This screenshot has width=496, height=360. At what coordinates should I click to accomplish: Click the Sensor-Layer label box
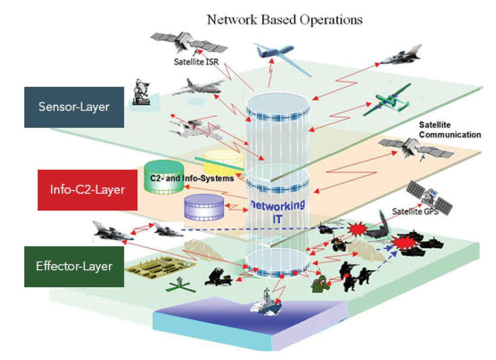point(74,107)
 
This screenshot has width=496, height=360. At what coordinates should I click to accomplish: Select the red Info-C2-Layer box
point(87,190)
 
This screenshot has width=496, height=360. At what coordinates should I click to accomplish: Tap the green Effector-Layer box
point(74,266)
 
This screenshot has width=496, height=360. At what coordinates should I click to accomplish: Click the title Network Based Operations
point(284,20)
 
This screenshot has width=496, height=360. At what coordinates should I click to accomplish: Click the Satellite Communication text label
point(450,130)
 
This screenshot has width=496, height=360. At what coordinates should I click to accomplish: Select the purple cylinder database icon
point(204,207)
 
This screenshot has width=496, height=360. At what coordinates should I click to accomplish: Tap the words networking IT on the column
point(277,211)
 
